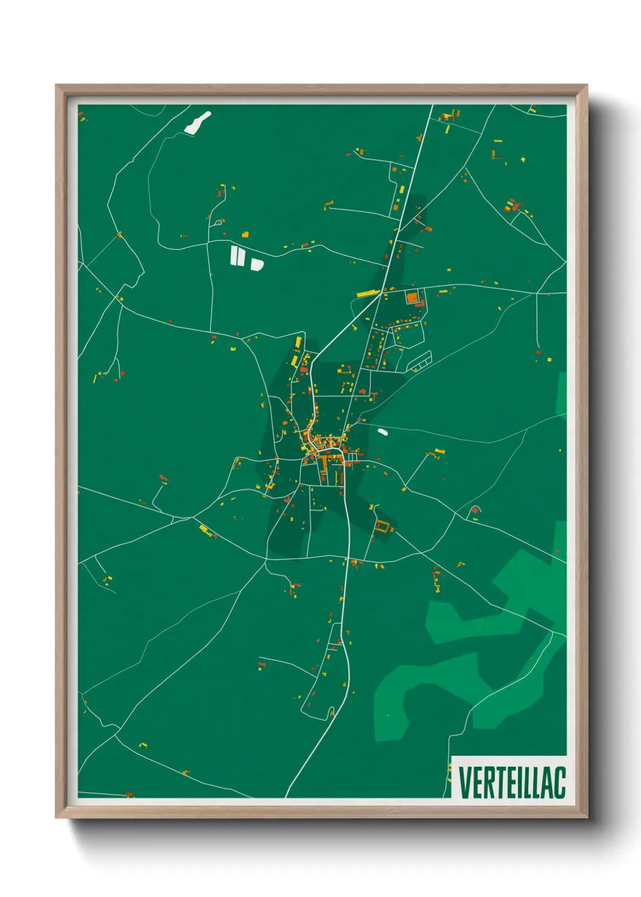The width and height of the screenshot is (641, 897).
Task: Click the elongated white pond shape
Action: coord(198,122)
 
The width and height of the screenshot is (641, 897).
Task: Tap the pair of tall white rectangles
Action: coord(237,256)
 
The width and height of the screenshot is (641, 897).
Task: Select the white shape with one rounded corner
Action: coord(257,264)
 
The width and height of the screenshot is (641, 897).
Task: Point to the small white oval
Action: coord(382,432)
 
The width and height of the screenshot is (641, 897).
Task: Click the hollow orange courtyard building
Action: coord(382,527)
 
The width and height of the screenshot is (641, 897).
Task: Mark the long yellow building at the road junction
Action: coord(368,294)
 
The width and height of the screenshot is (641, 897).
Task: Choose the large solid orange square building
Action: coord(412,298)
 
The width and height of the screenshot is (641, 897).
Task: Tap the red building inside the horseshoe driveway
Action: coord(474,511)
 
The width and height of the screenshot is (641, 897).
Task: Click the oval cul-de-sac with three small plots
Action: coord(419,362)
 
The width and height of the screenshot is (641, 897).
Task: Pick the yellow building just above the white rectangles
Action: coord(245,234)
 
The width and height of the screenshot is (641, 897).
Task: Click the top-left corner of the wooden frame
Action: coord(56,85)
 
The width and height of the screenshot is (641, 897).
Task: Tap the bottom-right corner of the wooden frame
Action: coord(587,818)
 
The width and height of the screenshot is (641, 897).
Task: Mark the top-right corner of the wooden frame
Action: coord(587,85)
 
